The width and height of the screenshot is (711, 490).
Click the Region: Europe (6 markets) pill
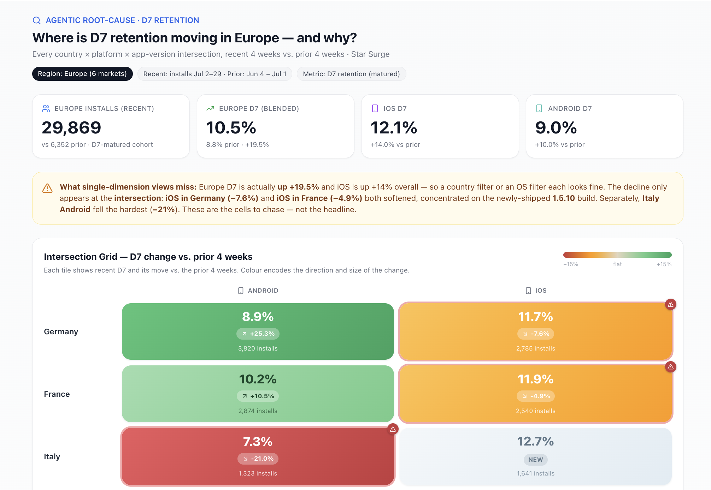click(82, 74)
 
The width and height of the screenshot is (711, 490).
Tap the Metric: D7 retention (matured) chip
click(351, 74)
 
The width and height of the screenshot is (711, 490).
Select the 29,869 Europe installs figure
click(71, 127)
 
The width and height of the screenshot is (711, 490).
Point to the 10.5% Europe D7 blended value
click(231, 127)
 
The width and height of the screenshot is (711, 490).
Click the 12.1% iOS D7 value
click(394, 127)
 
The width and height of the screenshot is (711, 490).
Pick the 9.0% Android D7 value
click(556, 127)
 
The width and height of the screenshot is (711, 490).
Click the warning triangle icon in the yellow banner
click(47, 188)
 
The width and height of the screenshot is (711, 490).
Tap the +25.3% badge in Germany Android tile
click(258, 334)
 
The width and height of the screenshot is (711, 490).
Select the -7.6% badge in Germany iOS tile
click(536, 334)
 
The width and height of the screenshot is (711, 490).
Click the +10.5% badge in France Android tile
click(258, 396)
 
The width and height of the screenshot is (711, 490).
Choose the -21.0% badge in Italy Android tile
click(258, 459)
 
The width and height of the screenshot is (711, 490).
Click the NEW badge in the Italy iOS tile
click(536, 460)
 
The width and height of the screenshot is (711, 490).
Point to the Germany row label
click(61, 331)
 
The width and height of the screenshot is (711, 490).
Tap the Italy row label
click(52, 456)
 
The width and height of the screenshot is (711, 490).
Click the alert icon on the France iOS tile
click(671, 367)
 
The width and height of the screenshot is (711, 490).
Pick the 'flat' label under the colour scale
click(617, 264)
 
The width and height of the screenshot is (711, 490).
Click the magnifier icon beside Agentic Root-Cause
click(37, 20)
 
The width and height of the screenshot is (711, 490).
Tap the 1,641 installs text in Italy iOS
click(536, 473)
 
